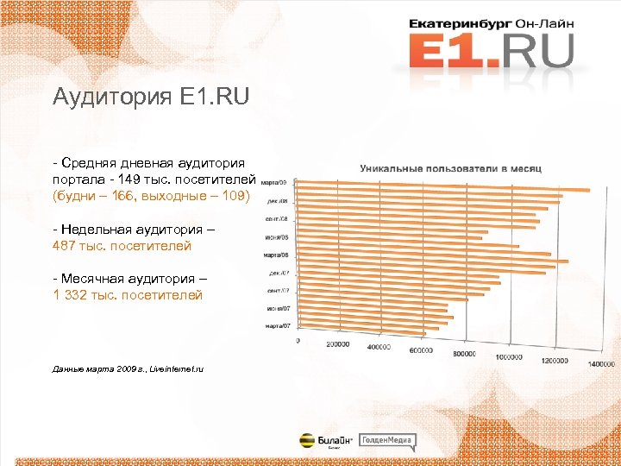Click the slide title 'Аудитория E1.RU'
pos(150,97)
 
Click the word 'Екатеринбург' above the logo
pos(456,25)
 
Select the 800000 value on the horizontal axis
pos(464,354)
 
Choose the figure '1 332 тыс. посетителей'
pos(127,295)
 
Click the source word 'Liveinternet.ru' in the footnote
pos(176,368)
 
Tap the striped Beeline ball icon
pos(306,440)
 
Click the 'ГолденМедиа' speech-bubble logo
pos(387,441)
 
